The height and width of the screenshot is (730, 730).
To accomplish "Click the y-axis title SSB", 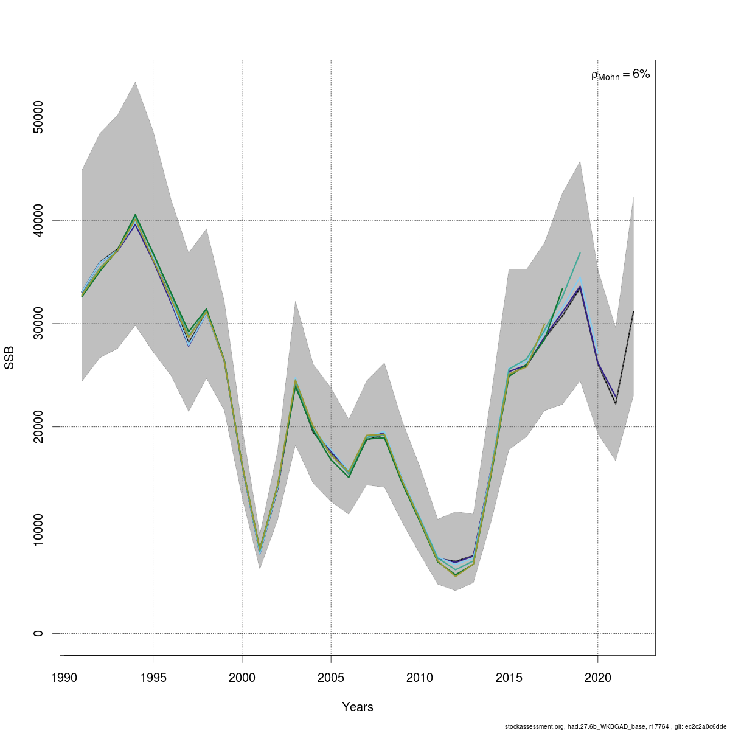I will [x=9, y=358].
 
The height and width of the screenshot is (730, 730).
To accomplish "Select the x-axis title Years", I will [x=358, y=707].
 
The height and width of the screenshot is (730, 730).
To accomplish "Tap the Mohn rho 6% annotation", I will [x=620, y=75].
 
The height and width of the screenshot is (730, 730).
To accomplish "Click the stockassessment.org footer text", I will [x=615, y=726].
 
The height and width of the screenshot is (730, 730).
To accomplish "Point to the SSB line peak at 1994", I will [x=135, y=217].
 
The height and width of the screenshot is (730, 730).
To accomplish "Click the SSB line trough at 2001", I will [x=260, y=549].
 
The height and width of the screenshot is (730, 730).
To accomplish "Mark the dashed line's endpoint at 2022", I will [x=633, y=311].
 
